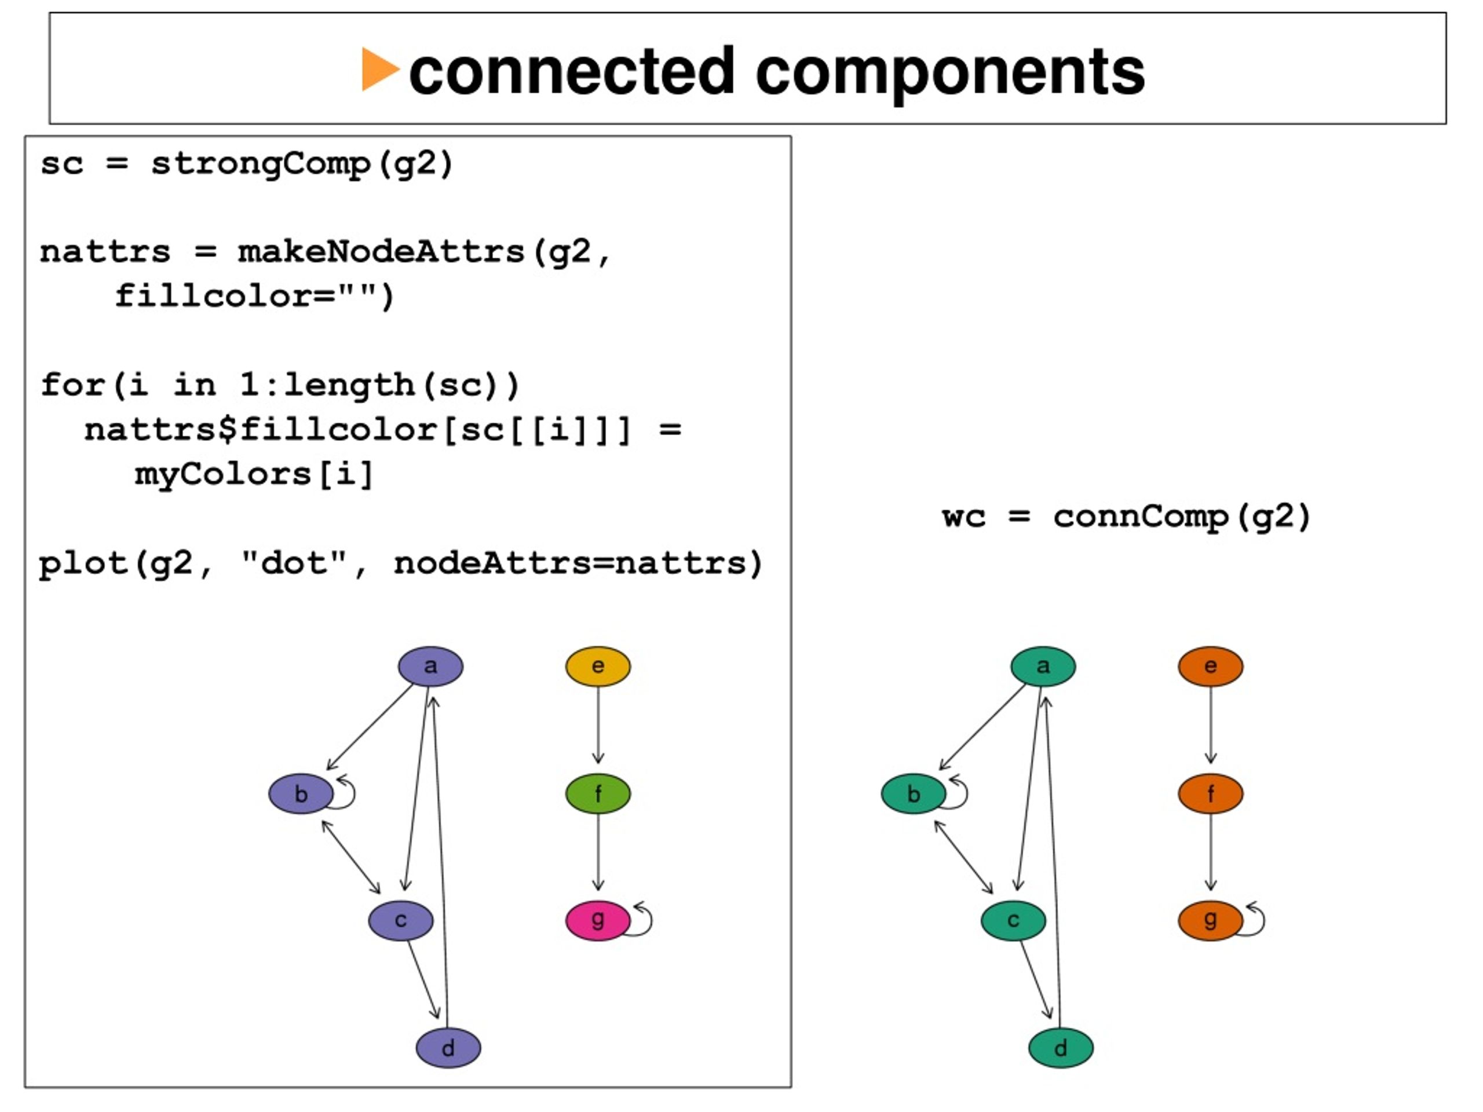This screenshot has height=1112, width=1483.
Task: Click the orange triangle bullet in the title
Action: point(379,69)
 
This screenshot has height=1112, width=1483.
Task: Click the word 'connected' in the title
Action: point(572,71)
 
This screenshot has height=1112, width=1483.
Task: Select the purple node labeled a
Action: point(430,666)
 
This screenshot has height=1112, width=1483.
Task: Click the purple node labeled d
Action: point(448,1048)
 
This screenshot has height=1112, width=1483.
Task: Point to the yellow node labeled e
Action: point(598,666)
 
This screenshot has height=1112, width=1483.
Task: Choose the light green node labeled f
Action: point(598,793)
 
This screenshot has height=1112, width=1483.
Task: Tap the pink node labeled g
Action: point(598,920)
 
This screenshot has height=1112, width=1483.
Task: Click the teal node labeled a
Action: point(1043,666)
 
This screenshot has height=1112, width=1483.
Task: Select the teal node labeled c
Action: point(1013,920)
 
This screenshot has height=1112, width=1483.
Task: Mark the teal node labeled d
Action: point(1061,1048)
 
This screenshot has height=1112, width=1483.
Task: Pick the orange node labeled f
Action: point(1211,793)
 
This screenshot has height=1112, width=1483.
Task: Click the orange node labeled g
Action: point(1211,920)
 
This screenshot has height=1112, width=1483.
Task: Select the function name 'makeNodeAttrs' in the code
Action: point(381,253)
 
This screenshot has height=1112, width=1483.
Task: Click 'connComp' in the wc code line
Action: point(1141,517)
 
